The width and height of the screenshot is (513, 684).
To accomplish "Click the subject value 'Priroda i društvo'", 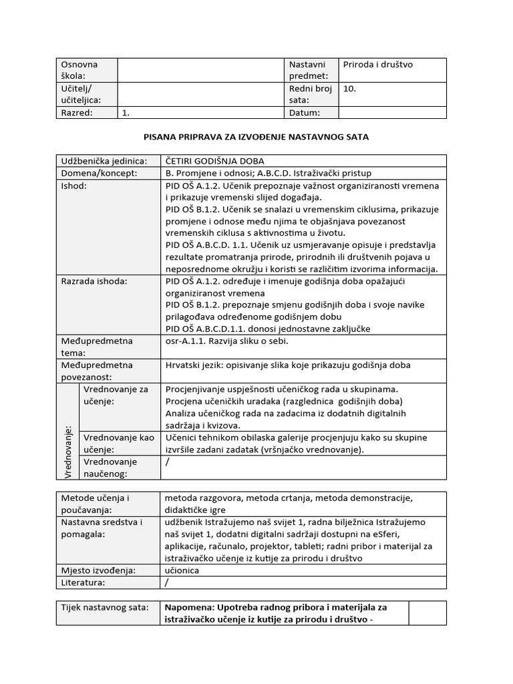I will [x=378, y=65].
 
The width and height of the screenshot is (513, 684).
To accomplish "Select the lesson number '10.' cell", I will [x=349, y=88].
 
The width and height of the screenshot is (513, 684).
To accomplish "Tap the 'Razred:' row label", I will [x=77, y=113].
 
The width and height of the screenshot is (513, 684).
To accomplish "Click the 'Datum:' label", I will [x=305, y=113].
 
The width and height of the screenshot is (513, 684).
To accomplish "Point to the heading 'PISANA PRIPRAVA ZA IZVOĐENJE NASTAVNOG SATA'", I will [x=256, y=137].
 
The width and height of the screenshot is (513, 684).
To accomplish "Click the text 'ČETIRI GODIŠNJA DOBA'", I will [x=215, y=161].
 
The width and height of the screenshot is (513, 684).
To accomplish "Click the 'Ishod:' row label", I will [x=74, y=186].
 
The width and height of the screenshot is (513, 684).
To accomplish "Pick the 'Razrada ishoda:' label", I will [x=94, y=281].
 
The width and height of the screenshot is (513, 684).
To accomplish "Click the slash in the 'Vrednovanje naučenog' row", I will [x=168, y=462].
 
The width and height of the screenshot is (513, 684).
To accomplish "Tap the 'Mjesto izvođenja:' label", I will [x=98, y=570].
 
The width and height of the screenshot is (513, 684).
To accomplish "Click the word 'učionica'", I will [x=182, y=570].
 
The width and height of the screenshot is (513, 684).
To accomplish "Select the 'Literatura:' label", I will [x=83, y=582].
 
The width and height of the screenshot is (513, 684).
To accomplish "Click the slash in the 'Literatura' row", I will [x=168, y=582].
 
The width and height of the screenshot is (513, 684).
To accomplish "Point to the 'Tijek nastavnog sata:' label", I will [x=103, y=607].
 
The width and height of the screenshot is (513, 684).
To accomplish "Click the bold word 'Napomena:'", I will [x=188, y=607].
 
